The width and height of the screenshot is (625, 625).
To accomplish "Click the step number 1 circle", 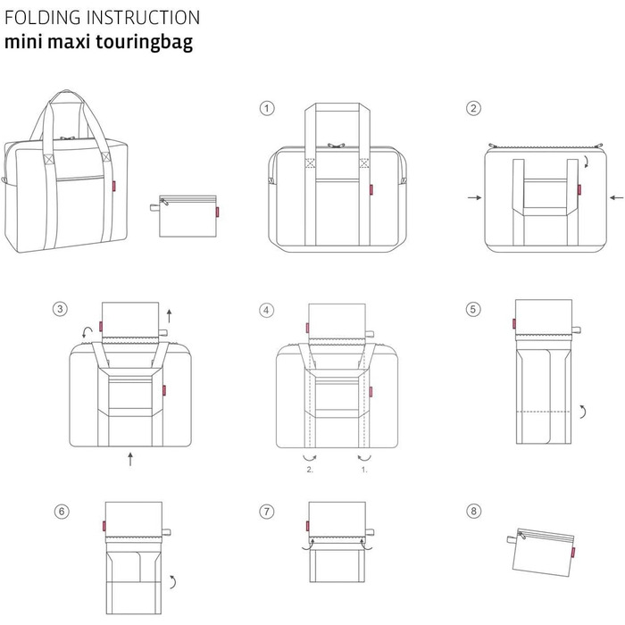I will click(266, 108).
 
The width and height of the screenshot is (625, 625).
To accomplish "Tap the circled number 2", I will click(473, 108).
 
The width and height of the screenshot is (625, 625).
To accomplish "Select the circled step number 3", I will click(60, 310).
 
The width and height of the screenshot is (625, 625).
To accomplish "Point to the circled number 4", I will click(266, 310).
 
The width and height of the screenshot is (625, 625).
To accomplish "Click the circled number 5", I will click(473, 310).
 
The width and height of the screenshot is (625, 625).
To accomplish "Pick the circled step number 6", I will click(60, 512).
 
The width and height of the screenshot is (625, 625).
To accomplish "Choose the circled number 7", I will click(266, 512).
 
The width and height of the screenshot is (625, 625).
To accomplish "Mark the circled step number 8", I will click(473, 512).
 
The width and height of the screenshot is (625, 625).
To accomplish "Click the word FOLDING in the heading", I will click(39, 18).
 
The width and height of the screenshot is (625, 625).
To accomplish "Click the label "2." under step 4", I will click(309, 468).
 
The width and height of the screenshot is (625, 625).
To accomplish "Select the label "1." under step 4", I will click(362, 468).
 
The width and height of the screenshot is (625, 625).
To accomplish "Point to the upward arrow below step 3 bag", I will click(130, 459).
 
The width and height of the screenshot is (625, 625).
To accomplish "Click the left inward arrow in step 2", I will click(473, 196).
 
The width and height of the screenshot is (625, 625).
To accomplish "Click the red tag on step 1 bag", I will click(371, 188).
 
